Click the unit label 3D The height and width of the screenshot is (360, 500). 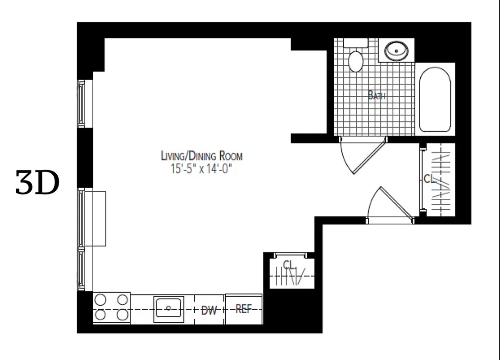(37, 183)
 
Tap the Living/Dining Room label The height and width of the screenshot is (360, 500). (202, 156)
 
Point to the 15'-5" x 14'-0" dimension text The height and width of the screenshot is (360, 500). (201, 169)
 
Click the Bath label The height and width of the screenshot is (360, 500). (377, 95)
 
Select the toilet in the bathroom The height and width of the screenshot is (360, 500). (356, 61)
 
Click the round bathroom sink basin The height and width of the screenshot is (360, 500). (396, 50)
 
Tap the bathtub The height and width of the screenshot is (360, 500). (435, 99)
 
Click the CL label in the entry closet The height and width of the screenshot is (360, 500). (430, 179)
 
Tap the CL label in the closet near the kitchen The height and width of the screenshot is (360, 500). (288, 264)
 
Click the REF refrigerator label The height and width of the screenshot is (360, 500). (243, 309)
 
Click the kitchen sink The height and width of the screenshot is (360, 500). (168, 308)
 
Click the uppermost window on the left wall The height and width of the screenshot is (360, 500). (82, 103)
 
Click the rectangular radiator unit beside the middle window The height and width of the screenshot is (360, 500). (95, 218)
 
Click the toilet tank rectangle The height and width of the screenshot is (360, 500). (356, 43)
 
